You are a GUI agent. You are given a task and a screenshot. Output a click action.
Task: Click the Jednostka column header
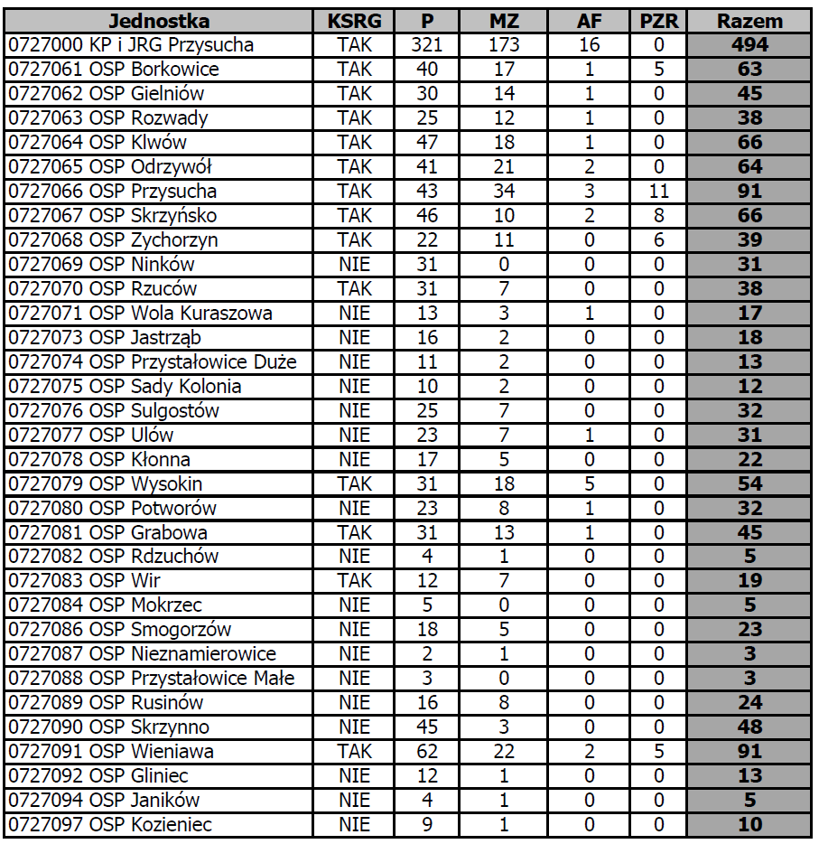pos(158,21)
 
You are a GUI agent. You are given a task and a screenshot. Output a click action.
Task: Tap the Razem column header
pos(749,21)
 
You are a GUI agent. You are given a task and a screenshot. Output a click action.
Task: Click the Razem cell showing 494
pos(749,45)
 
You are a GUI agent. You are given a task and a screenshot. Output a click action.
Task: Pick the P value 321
pos(427,45)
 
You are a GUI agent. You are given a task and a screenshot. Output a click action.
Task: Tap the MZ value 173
pos(504,45)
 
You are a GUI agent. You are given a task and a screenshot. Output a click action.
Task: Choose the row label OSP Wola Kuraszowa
pos(139,314)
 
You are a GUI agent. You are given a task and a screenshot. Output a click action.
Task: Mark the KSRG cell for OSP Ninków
pos(354,265)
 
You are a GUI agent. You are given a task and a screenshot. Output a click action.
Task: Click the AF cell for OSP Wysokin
pos(589,484)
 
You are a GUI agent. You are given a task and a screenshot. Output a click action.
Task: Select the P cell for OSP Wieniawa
pos(427,752)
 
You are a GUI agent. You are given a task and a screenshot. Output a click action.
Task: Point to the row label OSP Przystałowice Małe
pos(151,679)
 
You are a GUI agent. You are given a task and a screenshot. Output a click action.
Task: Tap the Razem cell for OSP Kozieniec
pos(749,825)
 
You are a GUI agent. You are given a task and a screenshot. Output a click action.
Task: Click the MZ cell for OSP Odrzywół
pos(504,167)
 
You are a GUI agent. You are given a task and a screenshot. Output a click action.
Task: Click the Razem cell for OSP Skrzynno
pos(749,727)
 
